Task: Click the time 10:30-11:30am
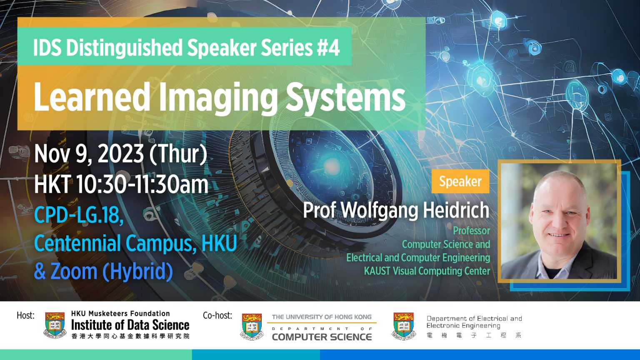coord(142,184)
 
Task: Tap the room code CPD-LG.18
coord(78,215)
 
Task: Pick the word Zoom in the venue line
coord(73,271)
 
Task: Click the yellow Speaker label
coord(460,181)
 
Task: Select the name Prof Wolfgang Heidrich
coord(396,210)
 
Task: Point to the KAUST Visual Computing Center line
coord(427,271)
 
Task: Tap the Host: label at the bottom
coord(25,315)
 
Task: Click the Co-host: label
coord(217,315)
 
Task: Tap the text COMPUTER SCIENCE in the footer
coord(322,337)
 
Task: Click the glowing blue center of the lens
coord(331,164)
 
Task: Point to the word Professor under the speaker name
coord(471,230)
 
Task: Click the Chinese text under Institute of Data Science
coord(130,336)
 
